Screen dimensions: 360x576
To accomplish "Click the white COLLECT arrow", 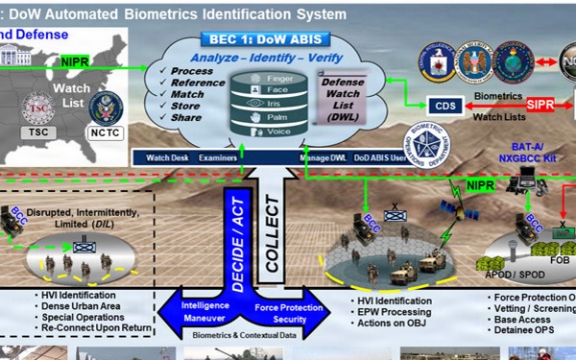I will [273, 222].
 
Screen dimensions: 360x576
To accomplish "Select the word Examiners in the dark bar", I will [218, 156].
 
